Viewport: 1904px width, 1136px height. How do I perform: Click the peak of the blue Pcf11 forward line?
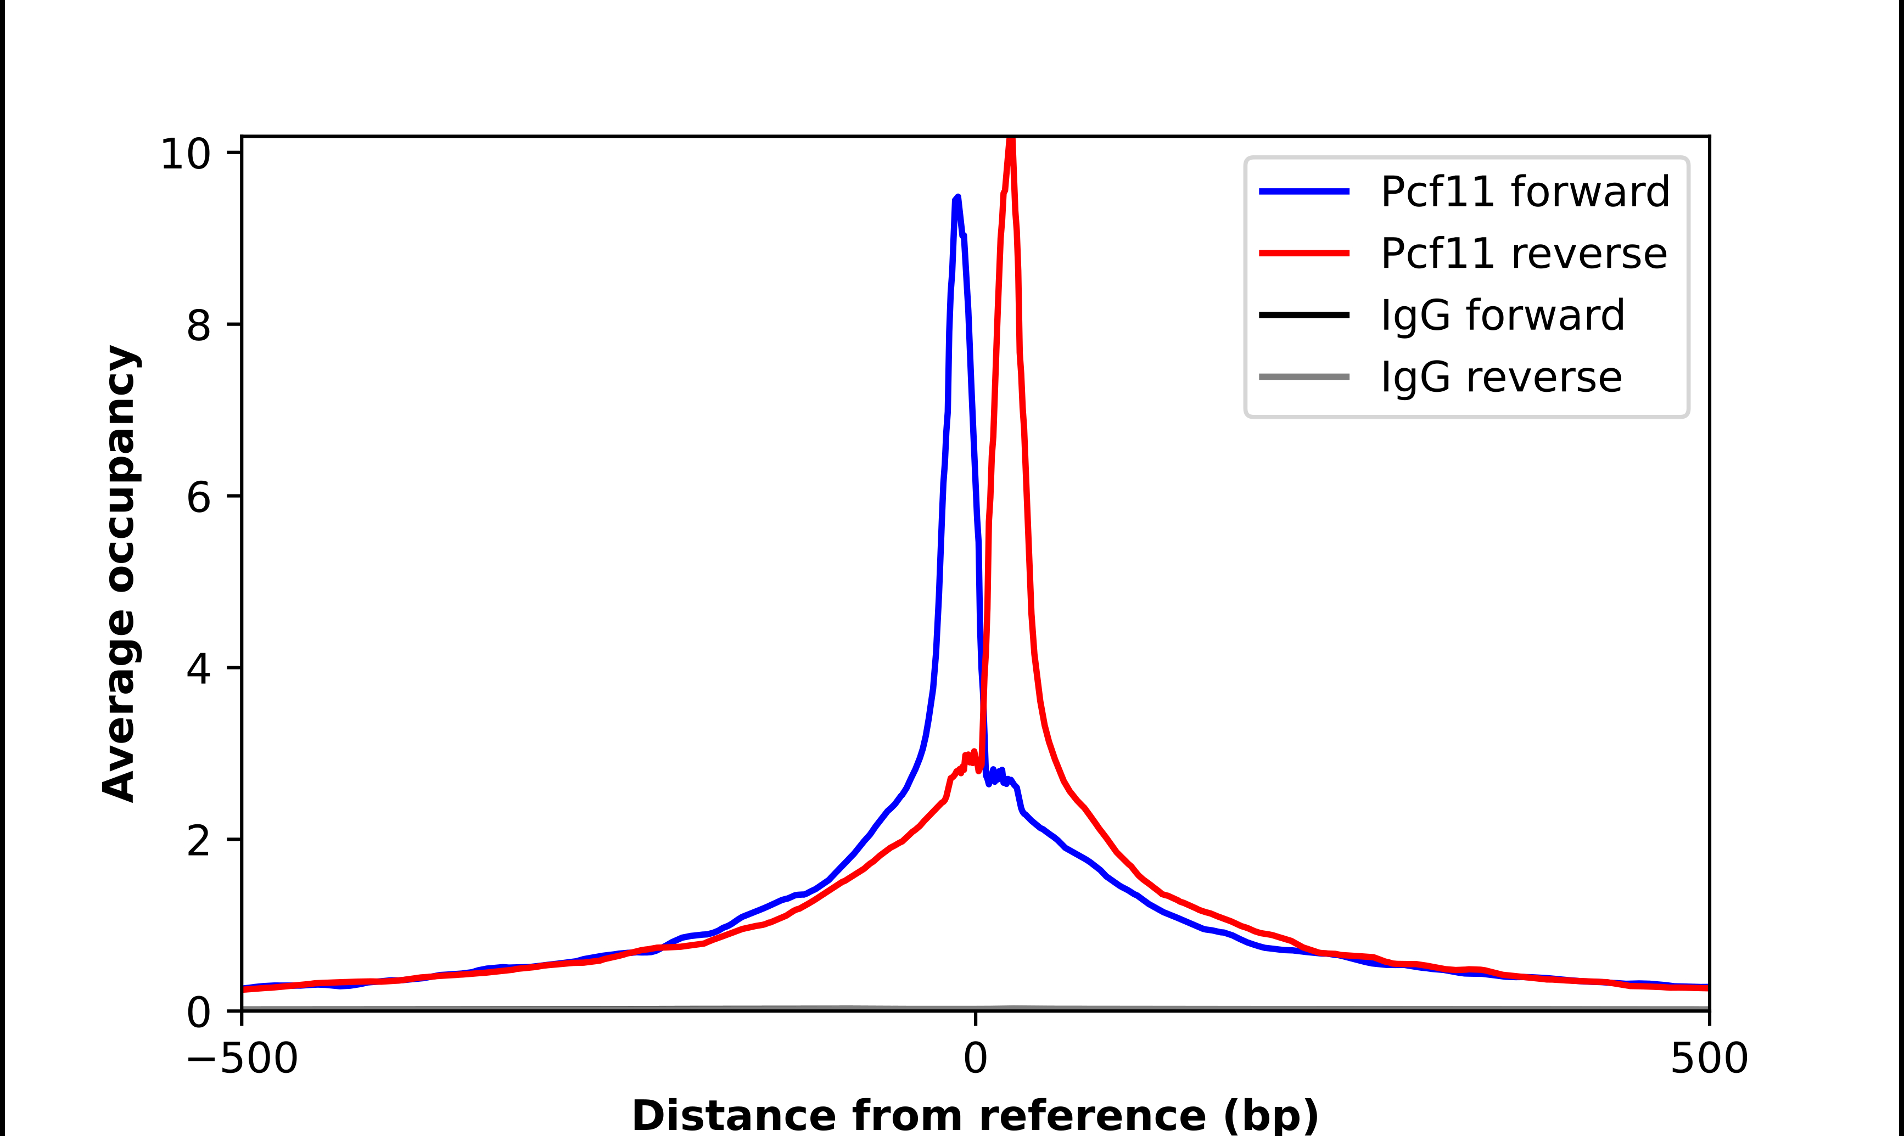tap(957, 198)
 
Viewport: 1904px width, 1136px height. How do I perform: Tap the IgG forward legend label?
tap(1503, 316)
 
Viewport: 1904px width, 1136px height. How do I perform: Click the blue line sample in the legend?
tap(1304, 192)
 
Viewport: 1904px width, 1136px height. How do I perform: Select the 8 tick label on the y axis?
tap(198, 325)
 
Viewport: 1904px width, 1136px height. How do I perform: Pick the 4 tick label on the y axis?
tap(198, 668)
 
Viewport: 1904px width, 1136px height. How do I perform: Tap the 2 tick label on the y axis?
tap(198, 841)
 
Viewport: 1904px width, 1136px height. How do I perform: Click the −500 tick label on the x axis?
tap(242, 1060)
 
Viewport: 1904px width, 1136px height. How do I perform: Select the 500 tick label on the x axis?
tap(1709, 1060)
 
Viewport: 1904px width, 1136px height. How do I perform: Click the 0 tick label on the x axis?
tap(976, 1060)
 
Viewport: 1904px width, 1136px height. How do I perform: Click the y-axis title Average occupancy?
tap(120, 573)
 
